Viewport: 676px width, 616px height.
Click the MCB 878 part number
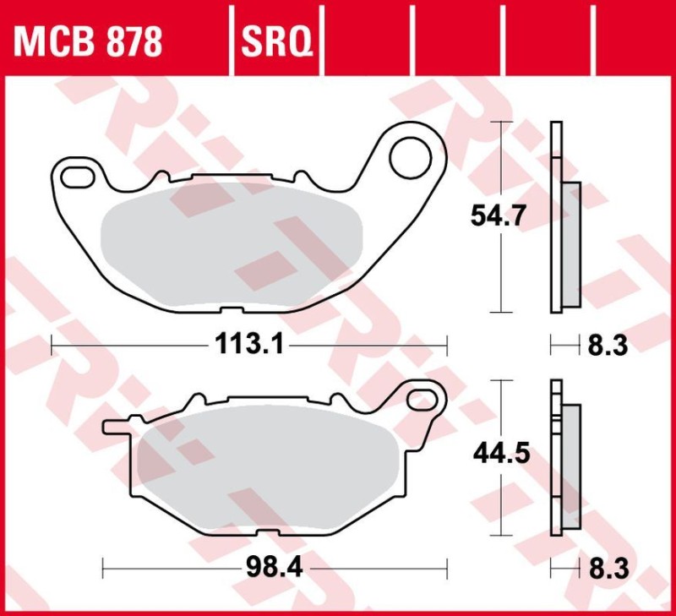87,40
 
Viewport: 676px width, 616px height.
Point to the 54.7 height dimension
499,217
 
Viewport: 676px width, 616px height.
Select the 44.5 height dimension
499,454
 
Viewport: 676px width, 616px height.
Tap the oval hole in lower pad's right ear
422,399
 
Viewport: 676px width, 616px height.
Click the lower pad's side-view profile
564,456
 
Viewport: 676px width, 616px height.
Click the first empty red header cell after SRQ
368,40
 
